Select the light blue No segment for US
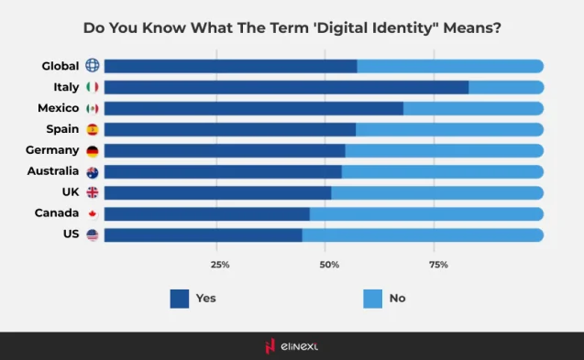pyautogui.click(x=423, y=235)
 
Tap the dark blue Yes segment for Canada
pyautogui.click(x=206, y=214)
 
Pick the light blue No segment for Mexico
pyautogui.click(x=473, y=108)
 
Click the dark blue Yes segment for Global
pyautogui.click(x=230, y=66)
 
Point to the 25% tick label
pyautogui.click(x=220, y=265)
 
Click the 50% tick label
pyautogui.click(x=329, y=265)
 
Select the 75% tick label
pyautogui.click(x=438, y=265)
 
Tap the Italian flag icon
pyautogui.click(x=93, y=87)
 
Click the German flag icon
pyautogui.click(x=93, y=151)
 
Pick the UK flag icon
pyautogui.click(x=93, y=193)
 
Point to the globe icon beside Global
pyautogui.click(x=93, y=66)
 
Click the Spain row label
pyautogui.click(x=62, y=129)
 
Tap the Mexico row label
pyautogui.click(x=58, y=108)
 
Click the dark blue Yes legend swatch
pyautogui.click(x=180, y=298)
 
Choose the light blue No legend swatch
pyautogui.click(x=372, y=298)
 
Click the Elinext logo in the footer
pyautogui.click(x=292, y=346)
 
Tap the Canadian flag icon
pyautogui.click(x=93, y=214)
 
